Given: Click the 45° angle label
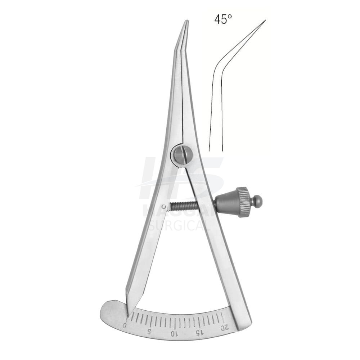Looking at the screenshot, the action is click(223, 19).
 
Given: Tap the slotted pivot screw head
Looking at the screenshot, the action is click(183, 154).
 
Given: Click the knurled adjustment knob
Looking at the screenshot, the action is click(243, 202).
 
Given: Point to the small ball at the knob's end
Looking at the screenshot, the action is click(257, 201).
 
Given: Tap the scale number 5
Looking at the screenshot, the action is click(149, 331).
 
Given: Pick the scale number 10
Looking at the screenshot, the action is click(174, 333).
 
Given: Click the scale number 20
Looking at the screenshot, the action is click(224, 327).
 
